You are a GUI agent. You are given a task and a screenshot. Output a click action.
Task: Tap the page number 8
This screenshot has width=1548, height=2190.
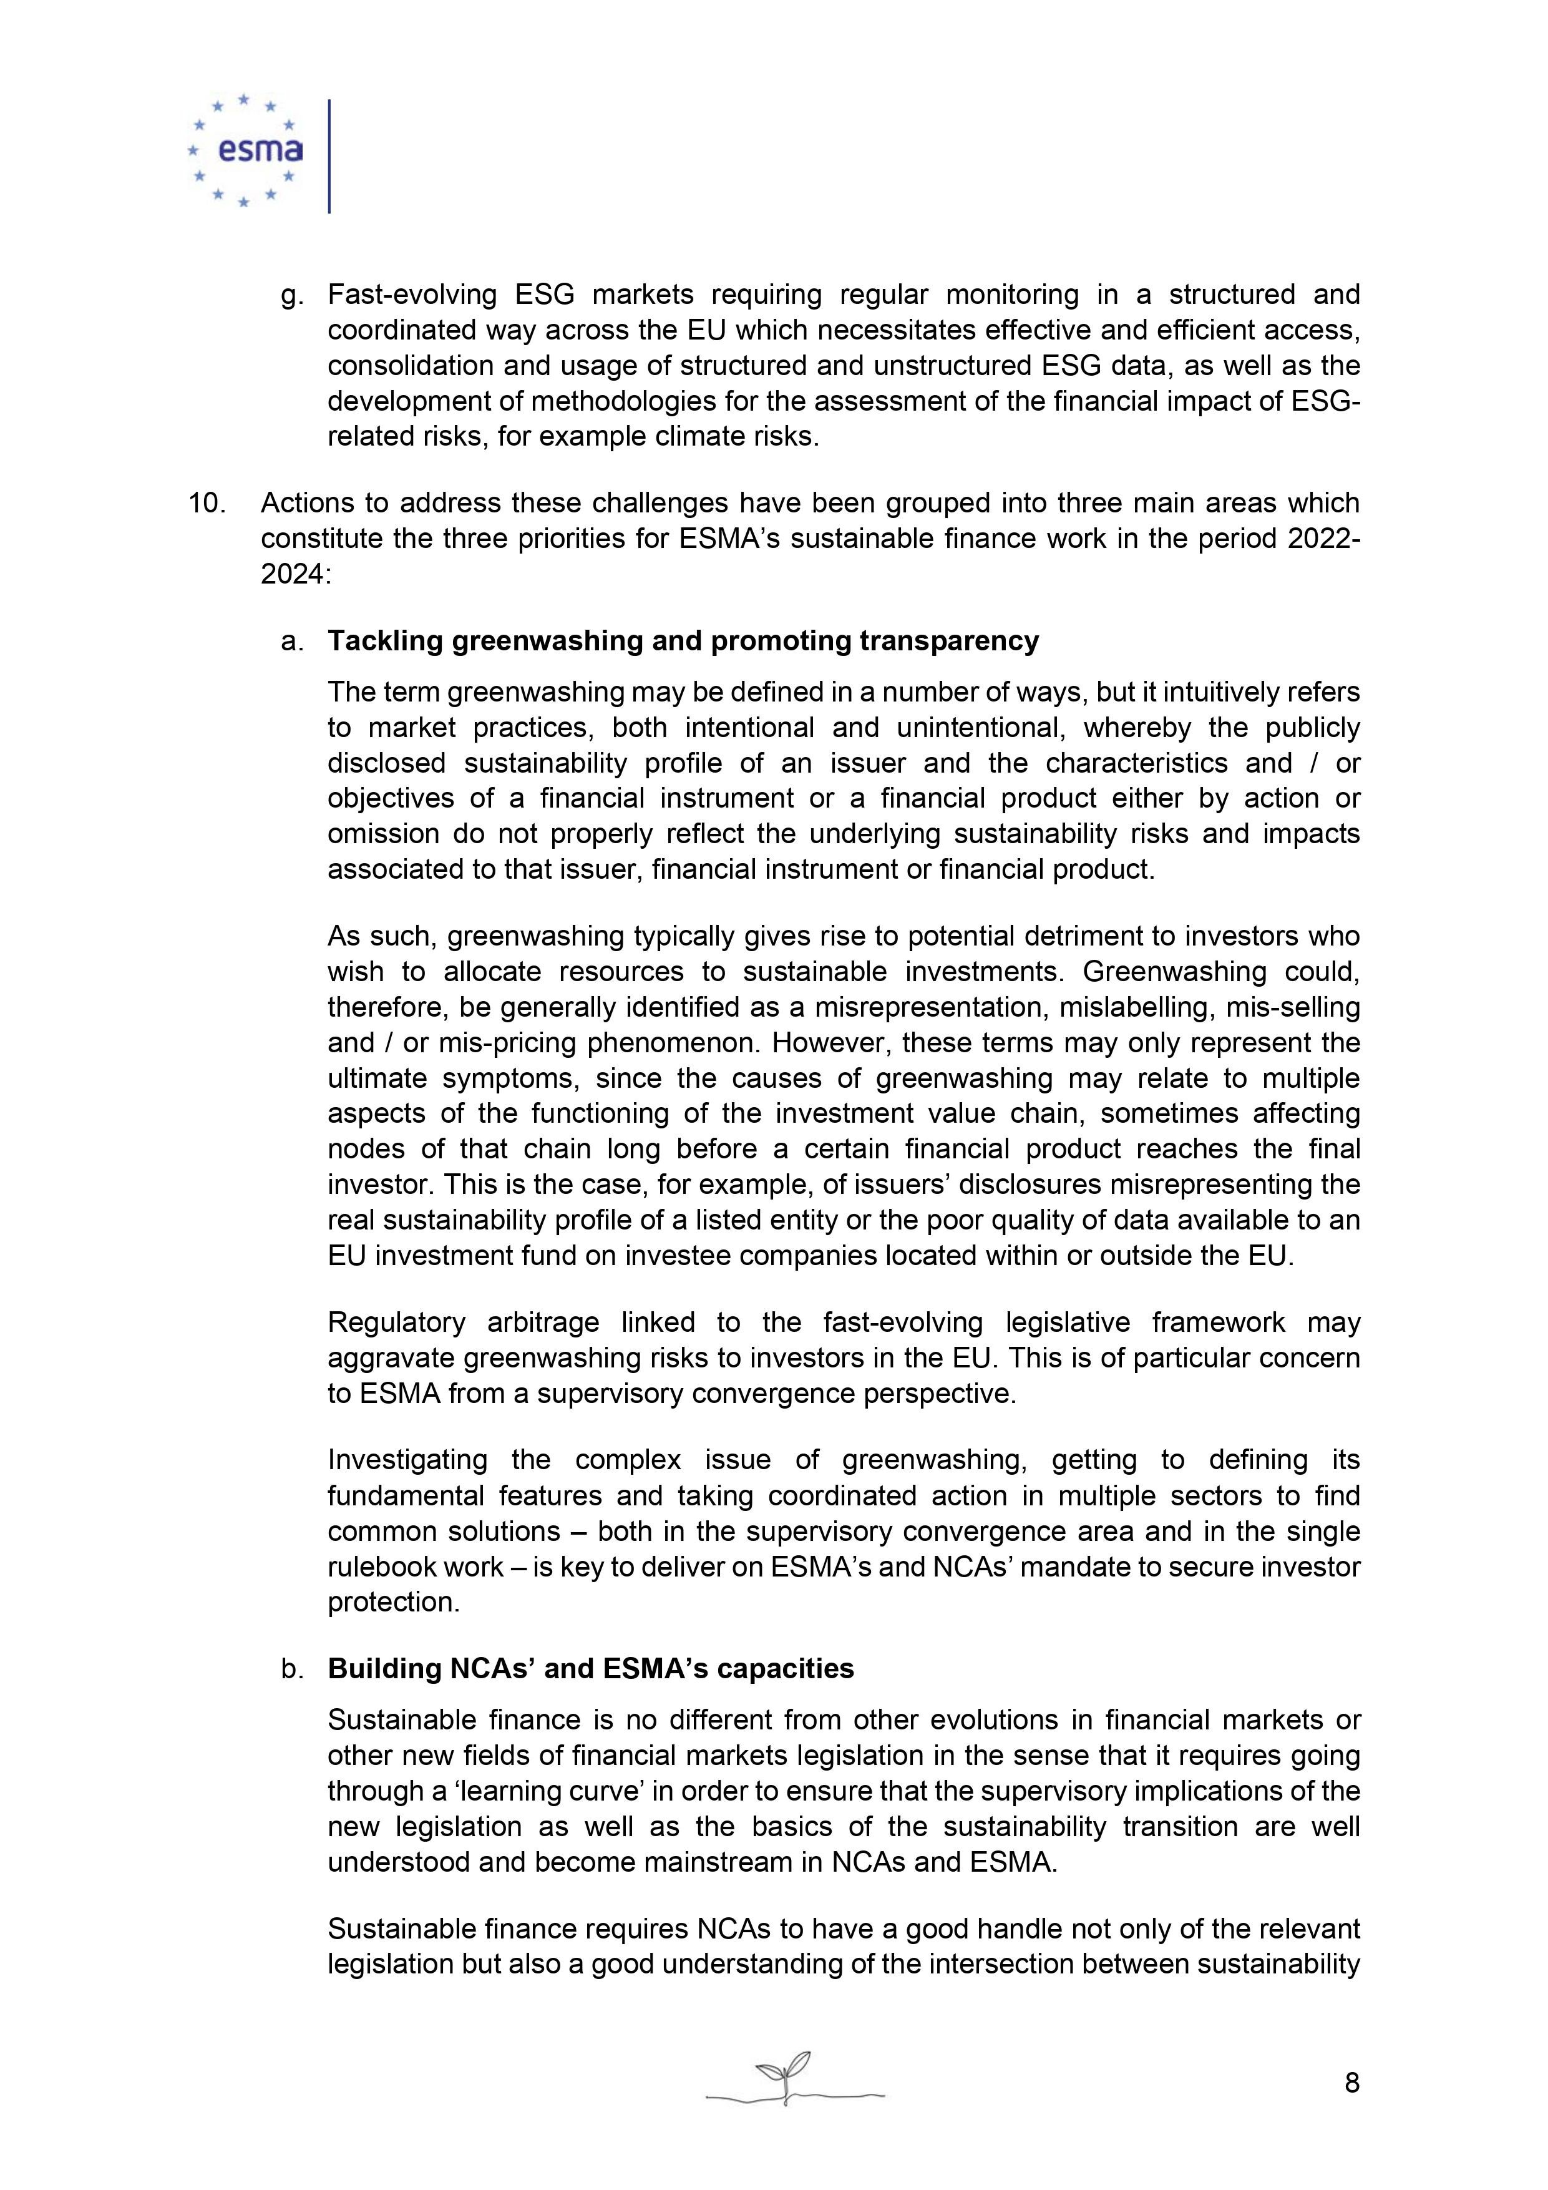coord(1351,2082)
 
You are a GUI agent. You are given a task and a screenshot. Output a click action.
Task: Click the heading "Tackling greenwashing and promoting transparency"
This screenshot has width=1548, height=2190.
coord(683,641)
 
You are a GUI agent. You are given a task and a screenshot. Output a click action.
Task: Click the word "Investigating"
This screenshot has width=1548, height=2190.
coord(407,1460)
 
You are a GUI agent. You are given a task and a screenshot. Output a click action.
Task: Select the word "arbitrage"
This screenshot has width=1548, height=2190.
coord(543,1323)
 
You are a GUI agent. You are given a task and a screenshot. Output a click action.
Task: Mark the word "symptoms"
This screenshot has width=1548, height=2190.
coord(507,1079)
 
